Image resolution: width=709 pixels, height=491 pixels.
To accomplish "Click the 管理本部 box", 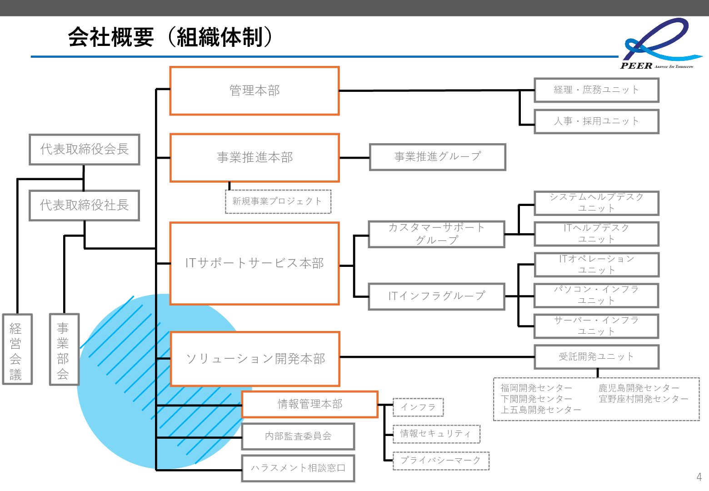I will click(x=255, y=91).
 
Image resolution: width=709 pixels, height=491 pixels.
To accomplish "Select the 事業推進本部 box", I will click(x=255, y=157).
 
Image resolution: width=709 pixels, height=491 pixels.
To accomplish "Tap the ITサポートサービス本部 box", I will click(x=255, y=263).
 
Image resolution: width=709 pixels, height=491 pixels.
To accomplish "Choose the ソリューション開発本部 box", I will click(x=255, y=359).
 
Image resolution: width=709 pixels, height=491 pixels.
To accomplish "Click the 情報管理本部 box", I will click(x=310, y=404).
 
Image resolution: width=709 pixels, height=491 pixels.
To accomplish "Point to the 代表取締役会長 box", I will click(x=85, y=149).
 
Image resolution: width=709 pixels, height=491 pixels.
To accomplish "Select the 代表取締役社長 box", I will click(x=85, y=205).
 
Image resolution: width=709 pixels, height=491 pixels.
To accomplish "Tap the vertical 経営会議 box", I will click(x=17, y=349).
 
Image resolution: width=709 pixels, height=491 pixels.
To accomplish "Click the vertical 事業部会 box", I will click(x=64, y=349).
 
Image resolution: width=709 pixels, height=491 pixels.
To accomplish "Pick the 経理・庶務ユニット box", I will click(x=596, y=90).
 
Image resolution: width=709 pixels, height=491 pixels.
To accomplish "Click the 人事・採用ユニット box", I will click(x=596, y=121).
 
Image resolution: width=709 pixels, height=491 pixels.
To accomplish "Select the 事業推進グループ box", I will click(x=437, y=157).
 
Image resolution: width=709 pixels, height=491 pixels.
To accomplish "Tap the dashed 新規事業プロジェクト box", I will click(x=278, y=201).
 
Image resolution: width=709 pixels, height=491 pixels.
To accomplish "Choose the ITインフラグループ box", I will click(x=436, y=296).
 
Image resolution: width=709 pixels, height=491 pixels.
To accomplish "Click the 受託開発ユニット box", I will click(x=596, y=357).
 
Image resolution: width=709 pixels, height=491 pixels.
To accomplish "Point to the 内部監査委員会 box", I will click(x=298, y=436).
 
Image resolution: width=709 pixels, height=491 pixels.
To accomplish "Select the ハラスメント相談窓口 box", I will click(x=298, y=468).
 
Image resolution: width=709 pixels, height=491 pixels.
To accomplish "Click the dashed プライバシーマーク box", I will click(x=440, y=461).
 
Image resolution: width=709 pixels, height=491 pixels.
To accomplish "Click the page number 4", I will click(x=699, y=477).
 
